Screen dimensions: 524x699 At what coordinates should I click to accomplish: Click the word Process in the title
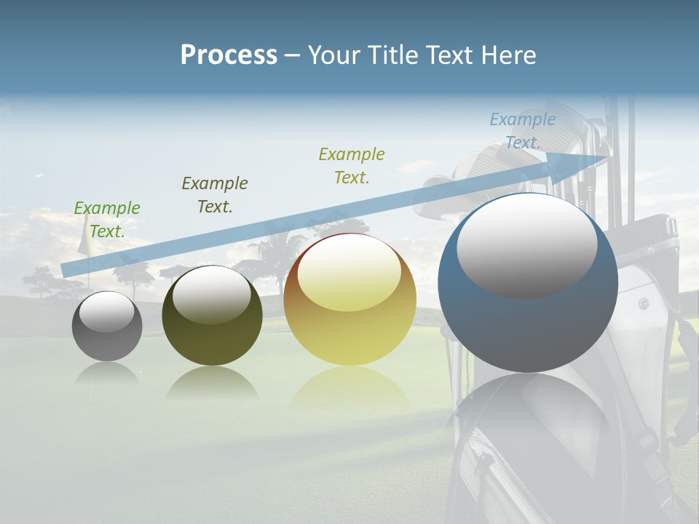pyautogui.click(x=229, y=55)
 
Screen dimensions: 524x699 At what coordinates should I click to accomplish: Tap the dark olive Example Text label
pyautogui.click(x=215, y=195)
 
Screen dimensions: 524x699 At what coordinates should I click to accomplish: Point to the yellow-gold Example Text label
pyautogui.click(x=352, y=166)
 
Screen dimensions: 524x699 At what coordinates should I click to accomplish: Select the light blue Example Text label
pyautogui.click(x=523, y=131)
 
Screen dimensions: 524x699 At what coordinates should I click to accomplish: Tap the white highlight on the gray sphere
pyautogui.click(x=107, y=312)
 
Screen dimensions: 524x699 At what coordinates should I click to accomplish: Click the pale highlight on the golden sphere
pyautogui.click(x=349, y=273)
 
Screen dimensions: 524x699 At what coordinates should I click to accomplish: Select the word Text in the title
pyautogui.click(x=451, y=55)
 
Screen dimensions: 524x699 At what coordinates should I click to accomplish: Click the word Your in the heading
pyautogui.click(x=334, y=55)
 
